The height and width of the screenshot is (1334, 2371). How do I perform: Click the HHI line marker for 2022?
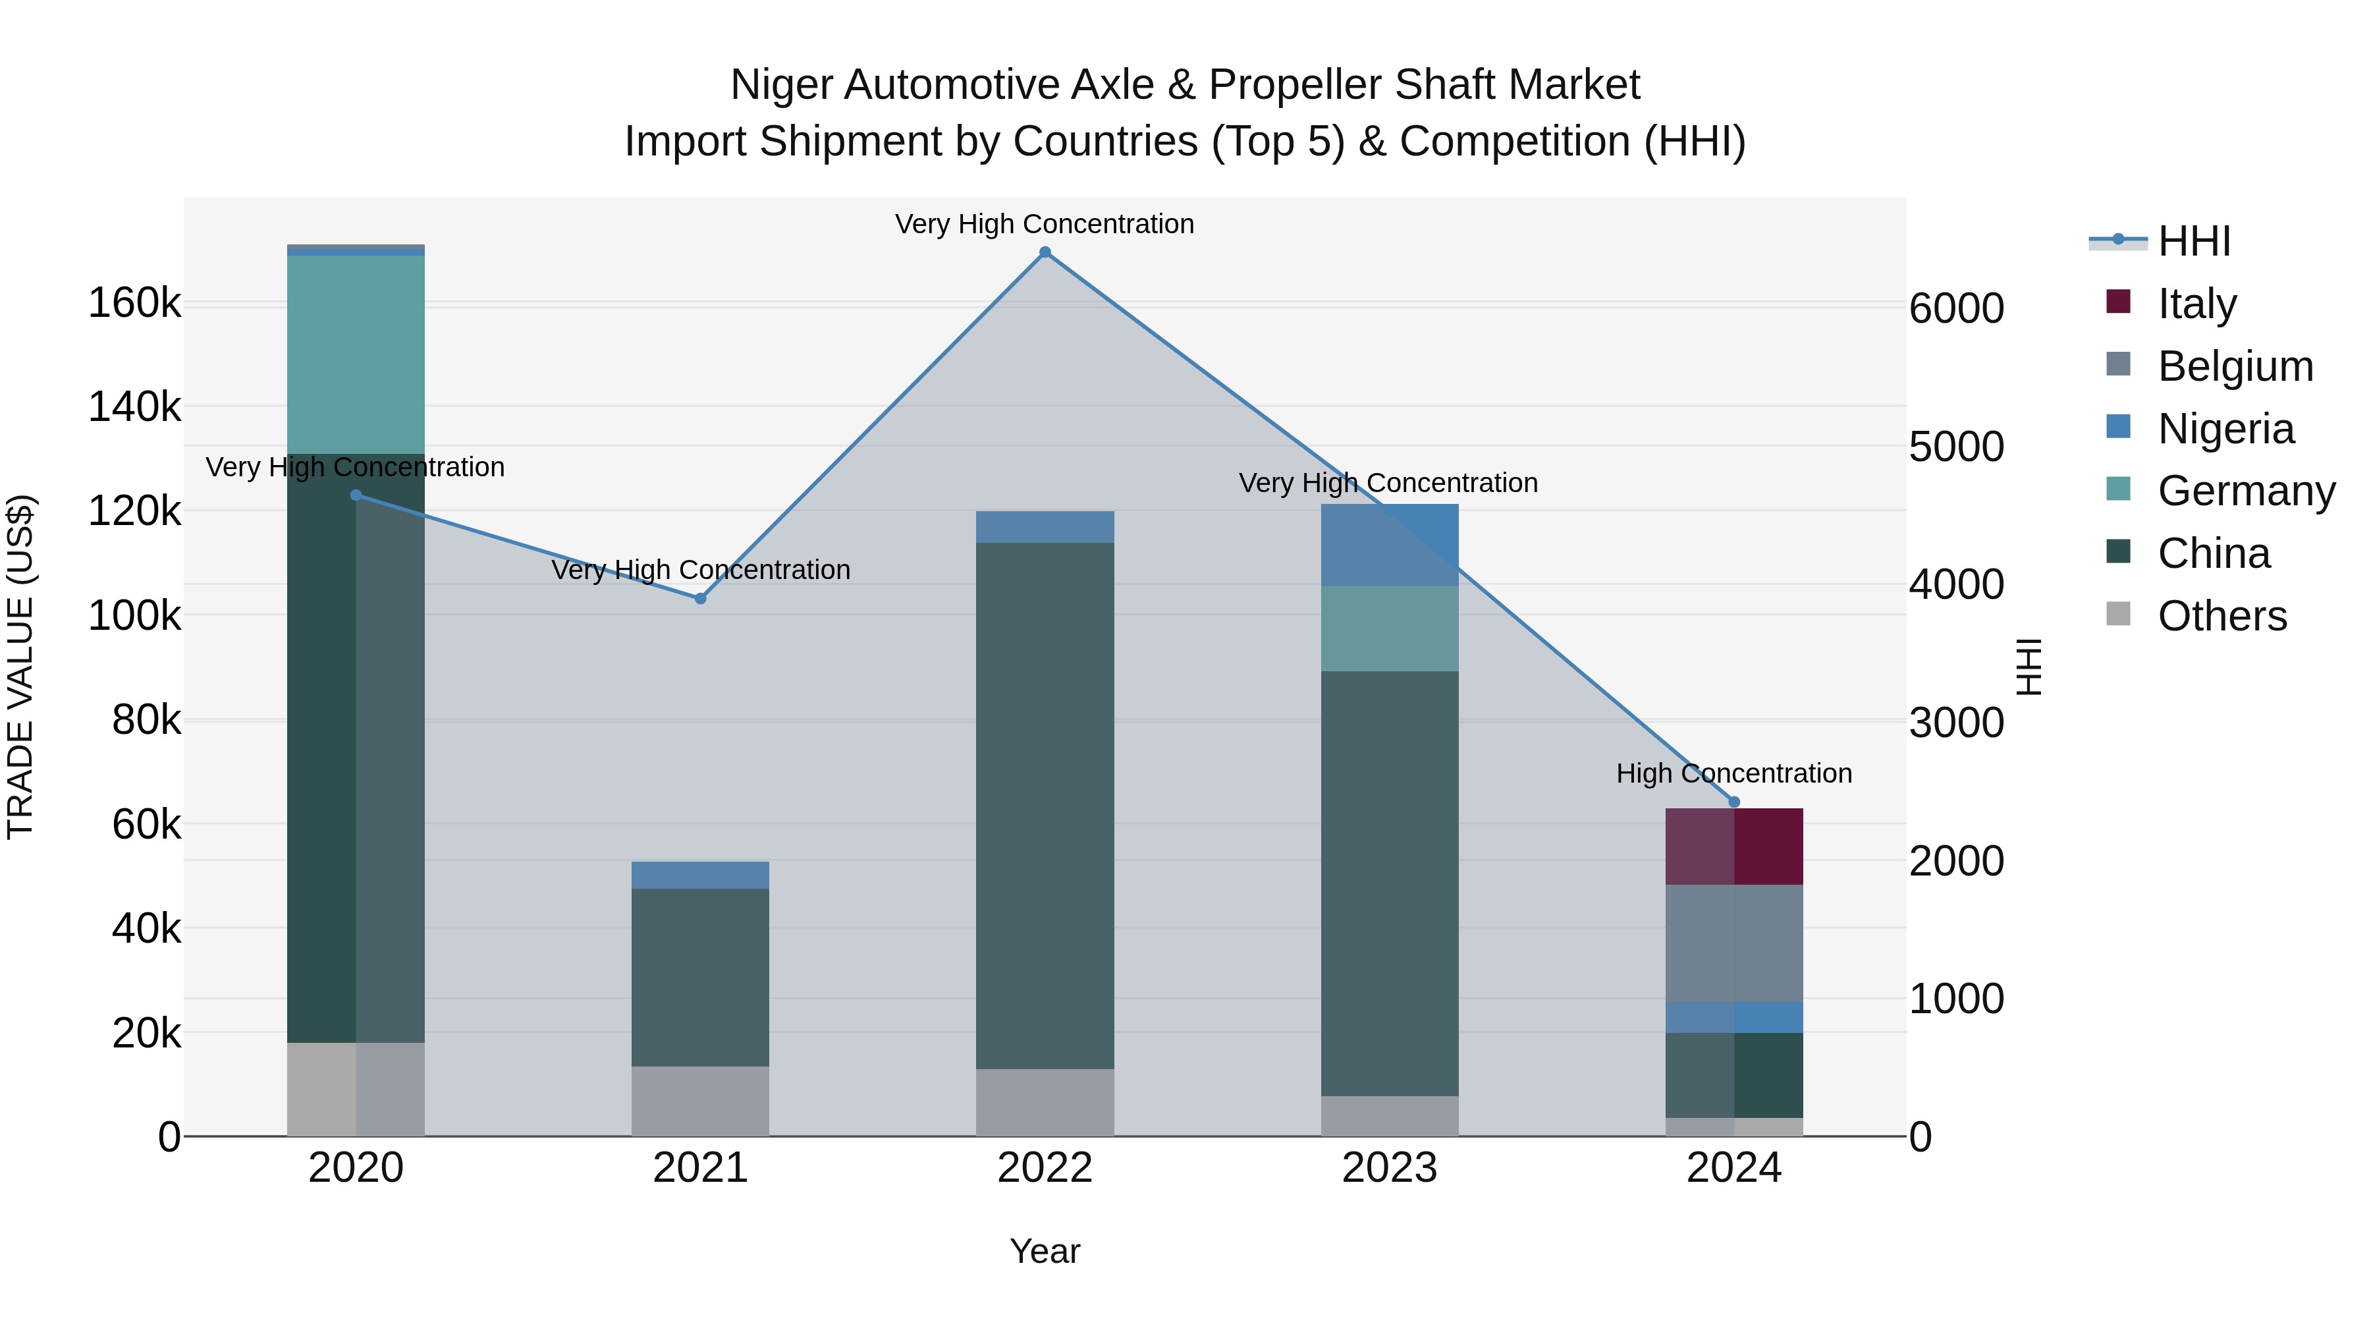[1045, 252]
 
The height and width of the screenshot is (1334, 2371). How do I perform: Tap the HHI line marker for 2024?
[1734, 802]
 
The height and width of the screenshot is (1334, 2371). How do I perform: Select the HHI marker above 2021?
[701, 598]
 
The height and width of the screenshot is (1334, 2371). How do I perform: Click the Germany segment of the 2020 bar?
[356, 354]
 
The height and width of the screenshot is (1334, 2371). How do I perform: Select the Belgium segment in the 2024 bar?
[1734, 943]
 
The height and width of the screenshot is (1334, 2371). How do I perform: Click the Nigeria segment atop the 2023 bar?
[1390, 545]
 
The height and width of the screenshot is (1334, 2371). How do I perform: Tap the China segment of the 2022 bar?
[1045, 806]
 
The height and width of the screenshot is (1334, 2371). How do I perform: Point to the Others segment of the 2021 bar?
[701, 1101]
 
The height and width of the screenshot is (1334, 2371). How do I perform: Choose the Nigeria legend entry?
[2225, 429]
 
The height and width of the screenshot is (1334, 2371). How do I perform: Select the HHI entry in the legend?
[2193, 241]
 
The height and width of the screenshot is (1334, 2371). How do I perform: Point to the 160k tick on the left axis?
[134, 303]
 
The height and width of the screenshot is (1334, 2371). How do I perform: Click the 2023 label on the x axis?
[1390, 1168]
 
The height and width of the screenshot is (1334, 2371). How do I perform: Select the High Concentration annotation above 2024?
[1734, 773]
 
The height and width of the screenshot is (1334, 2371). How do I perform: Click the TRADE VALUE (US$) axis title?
[20, 667]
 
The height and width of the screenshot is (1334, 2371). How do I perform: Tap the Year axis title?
[1045, 1251]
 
